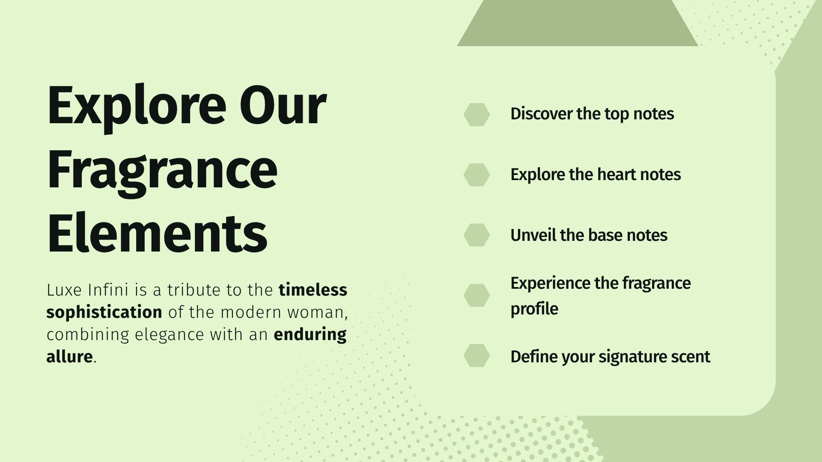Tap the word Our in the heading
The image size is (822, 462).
point(283,106)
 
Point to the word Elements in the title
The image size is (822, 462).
point(157,233)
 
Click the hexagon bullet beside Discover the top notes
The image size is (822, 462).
point(477,114)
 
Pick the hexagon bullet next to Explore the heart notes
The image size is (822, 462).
point(477,175)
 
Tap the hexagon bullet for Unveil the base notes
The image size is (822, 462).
point(477,235)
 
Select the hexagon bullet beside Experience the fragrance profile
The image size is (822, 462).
point(477,295)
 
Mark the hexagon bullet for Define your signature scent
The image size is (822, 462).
point(477,355)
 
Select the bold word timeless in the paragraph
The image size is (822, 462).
point(313,290)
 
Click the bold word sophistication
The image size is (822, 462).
point(104,313)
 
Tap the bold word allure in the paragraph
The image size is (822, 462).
point(69,356)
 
